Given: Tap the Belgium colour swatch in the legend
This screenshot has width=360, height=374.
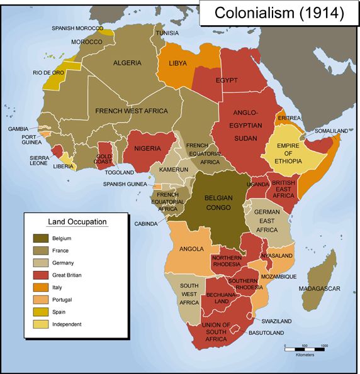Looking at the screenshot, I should click(x=42, y=238).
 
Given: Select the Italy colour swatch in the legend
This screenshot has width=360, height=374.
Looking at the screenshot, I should click(x=42, y=287).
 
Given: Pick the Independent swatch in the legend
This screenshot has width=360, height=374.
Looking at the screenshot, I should click(x=42, y=324).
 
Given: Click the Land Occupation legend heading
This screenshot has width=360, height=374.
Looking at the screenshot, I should click(x=77, y=222).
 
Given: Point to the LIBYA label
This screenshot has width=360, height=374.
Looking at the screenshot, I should click(x=183, y=63).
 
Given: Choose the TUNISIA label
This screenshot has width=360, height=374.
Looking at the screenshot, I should click(x=167, y=33).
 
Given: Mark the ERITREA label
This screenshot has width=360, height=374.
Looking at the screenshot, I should click(x=290, y=118).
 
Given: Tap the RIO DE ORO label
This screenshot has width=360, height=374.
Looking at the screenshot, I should click(x=48, y=72).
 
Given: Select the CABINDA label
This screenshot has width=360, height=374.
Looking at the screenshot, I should click(x=145, y=223).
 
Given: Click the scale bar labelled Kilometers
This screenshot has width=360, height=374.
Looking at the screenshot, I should click(x=305, y=348).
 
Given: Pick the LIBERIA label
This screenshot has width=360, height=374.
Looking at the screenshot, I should click(x=60, y=167).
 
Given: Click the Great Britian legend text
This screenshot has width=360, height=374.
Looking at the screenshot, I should click(x=67, y=275).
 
